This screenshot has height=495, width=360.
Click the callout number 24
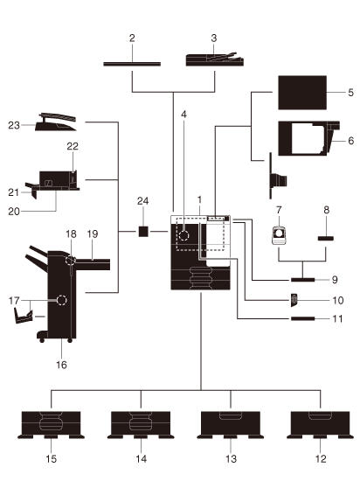(x=142, y=201)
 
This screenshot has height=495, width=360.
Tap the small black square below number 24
(x=143, y=232)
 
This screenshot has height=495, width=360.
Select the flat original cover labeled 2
(x=132, y=64)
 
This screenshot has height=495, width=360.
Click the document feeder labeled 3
(x=215, y=59)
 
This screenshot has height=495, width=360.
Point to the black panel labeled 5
(x=302, y=93)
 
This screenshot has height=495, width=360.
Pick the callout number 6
(x=351, y=141)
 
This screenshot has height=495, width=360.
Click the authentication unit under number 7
(x=280, y=235)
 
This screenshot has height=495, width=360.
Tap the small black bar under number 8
(x=326, y=239)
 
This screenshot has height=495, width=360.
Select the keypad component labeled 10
(x=294, y=300)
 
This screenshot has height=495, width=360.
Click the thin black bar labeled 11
(x=303, y=318)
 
